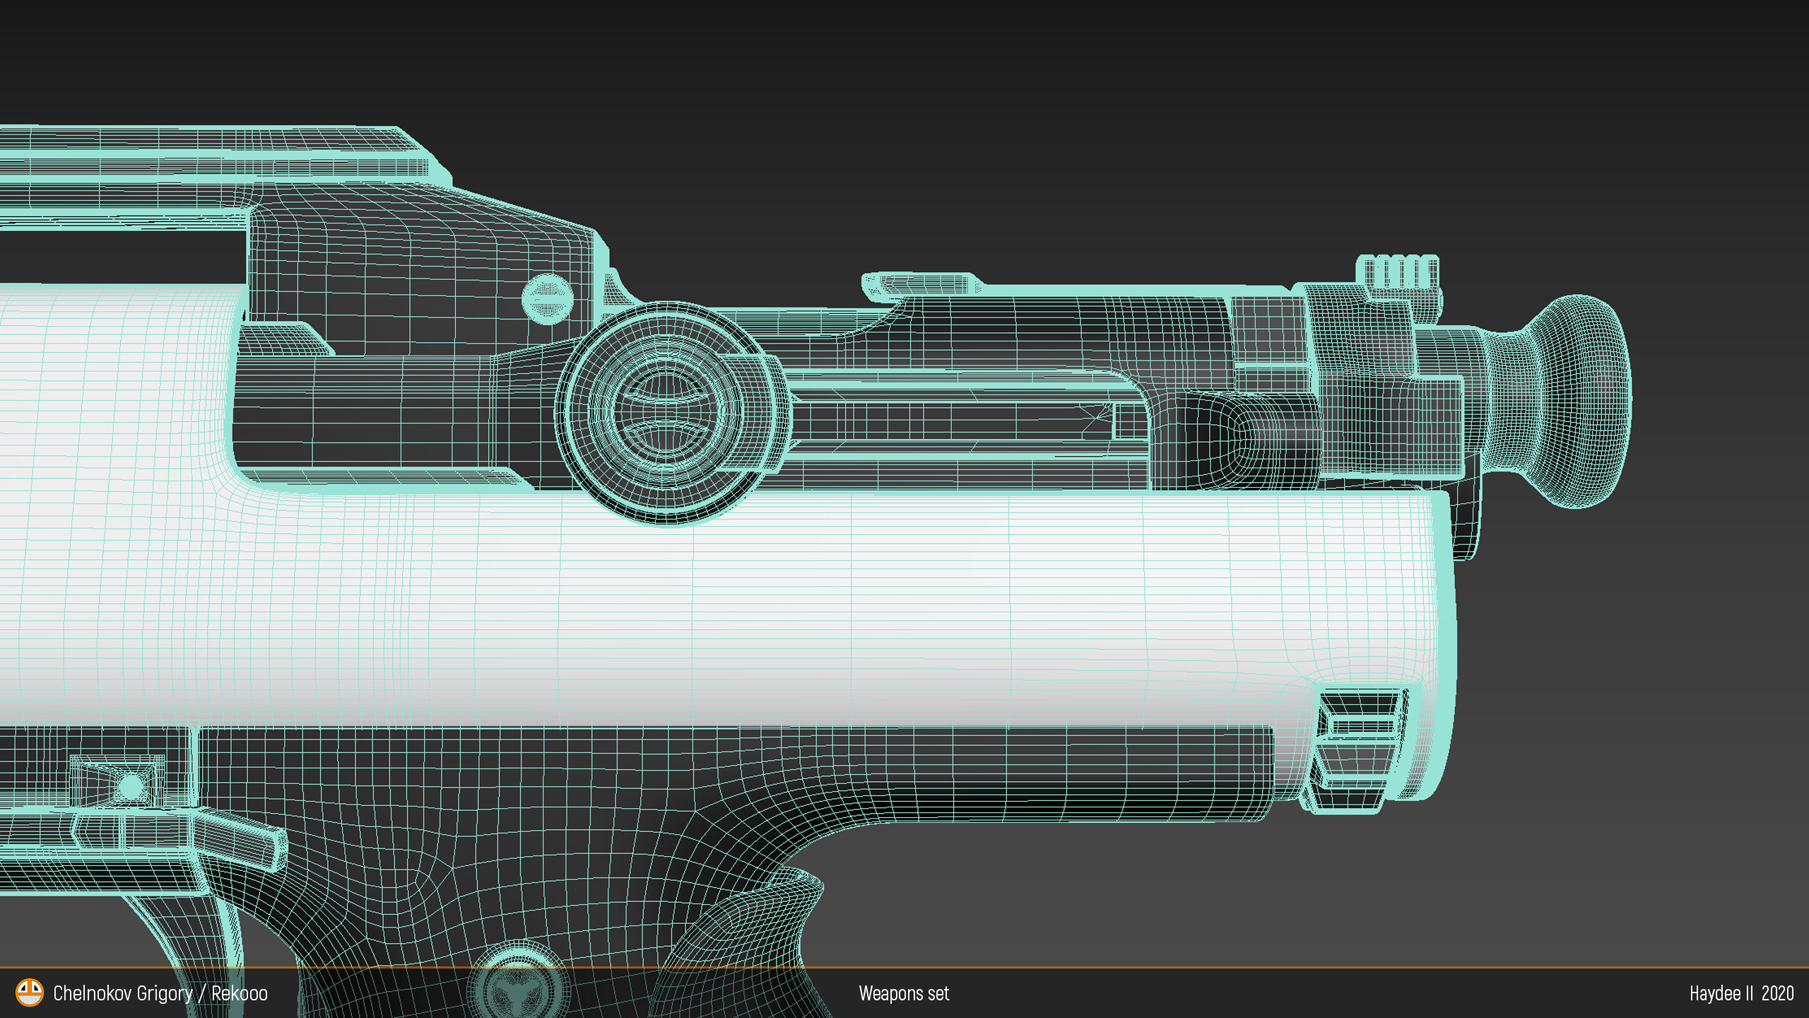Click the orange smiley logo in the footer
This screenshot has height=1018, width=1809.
30,993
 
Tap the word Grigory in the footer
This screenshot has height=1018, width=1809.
164,993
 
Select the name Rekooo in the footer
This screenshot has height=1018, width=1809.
240,993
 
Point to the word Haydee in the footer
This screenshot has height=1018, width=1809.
1714,993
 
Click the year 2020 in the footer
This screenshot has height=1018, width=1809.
1777,993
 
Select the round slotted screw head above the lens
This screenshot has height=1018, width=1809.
547,298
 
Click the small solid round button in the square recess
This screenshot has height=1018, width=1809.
131,785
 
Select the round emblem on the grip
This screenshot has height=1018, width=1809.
519,983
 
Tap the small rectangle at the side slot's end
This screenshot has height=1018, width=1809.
1129,421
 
